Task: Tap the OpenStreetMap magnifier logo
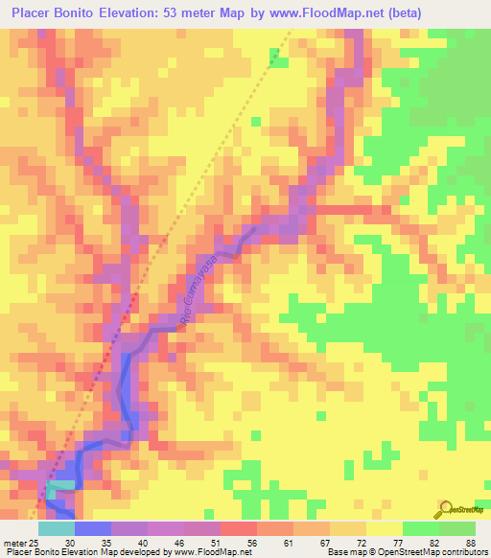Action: pyautogui.click(x=444, y=508)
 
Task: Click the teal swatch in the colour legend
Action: pyautogui.click(x=56, y=528)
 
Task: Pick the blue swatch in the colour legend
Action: pyautogui.click(x=92, y=528)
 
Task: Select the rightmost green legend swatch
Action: pyautogui.click(x=457, y=528)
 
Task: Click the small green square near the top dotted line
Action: pyautogui.click(x=278, y=62)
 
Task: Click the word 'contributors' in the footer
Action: pyautogui.click(x=458, y=552)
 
